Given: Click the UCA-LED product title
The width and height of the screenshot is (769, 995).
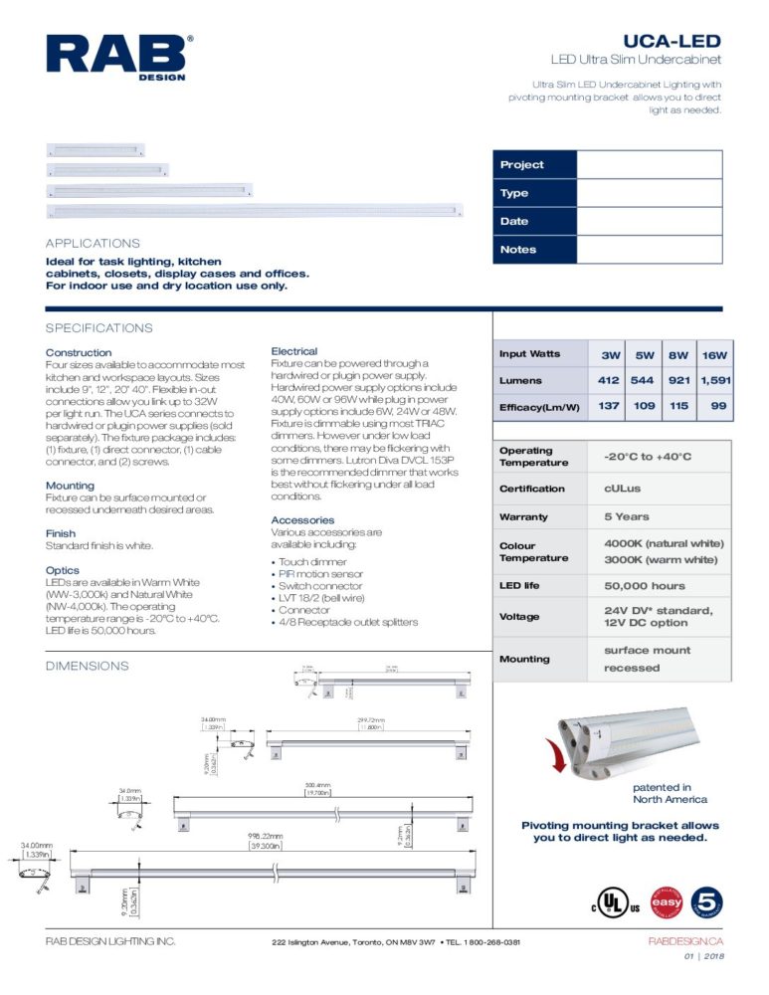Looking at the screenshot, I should click(x=672, y=41).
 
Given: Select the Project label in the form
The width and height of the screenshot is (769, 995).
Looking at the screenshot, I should click(x=521, y=165).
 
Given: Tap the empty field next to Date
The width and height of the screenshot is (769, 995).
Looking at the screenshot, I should click(x=649, y=221).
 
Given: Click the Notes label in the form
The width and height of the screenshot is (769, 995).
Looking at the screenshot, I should click(x=517, y=250).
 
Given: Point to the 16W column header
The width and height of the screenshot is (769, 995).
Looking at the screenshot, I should click(x=713, y=355).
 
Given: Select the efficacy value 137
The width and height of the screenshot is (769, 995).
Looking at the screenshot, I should click(x=609, y=406).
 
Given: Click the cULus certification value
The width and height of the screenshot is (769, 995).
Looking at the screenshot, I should click(x=622, y=489).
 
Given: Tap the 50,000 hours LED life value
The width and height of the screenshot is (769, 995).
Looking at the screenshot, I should click(x=645, y=586).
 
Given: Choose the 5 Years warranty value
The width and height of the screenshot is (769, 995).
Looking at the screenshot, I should click(x=627, y=516).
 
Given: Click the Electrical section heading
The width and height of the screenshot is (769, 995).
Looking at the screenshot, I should click(x=294, y=351).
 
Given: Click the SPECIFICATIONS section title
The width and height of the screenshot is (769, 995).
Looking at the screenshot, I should click(x=99, y=328).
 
